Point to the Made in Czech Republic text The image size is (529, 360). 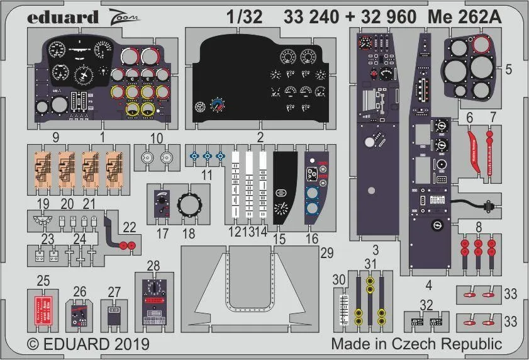click(x=416, y=344)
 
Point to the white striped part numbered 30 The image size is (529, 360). click(x=343, y=308)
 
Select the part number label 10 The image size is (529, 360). click(x=157, y=137)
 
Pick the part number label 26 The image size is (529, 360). click(x=80, y=291)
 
